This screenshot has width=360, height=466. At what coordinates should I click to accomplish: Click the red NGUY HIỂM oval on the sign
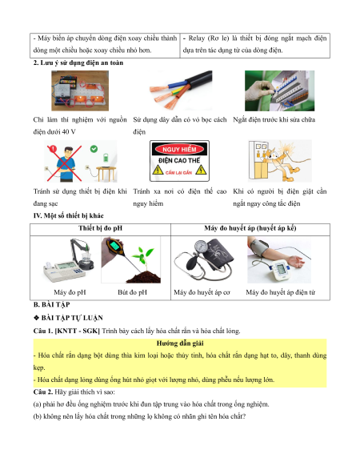179,149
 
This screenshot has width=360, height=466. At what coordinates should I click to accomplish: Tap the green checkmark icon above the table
94,149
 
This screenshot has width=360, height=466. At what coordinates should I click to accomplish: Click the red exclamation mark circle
53,149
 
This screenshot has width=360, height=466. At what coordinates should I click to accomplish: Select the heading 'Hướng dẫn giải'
180,343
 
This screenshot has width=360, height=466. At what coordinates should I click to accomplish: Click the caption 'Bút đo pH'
132,292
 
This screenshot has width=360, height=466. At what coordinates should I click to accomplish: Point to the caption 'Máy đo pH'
70,292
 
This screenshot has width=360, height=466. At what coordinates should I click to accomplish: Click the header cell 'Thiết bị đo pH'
100,228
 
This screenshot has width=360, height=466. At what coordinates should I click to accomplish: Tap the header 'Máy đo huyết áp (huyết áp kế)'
250,228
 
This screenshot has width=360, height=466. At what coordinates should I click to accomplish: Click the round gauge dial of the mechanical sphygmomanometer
201,247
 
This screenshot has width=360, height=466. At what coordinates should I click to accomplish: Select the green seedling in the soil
143,256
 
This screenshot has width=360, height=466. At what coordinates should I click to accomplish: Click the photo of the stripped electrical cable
181,90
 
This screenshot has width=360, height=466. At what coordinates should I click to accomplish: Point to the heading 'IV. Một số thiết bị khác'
68,215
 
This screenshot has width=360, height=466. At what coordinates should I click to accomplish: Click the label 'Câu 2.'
43,392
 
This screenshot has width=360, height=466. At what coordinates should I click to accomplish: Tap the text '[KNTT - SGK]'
78,331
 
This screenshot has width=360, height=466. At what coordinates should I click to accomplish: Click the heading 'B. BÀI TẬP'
52,304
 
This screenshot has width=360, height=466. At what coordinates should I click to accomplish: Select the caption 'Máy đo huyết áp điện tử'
280,292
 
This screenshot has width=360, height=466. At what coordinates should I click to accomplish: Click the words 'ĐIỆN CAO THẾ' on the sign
179,160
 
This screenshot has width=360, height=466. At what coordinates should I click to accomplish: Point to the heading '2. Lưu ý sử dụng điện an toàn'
78,62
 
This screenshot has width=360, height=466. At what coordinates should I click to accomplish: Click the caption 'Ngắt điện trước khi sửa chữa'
274,119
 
